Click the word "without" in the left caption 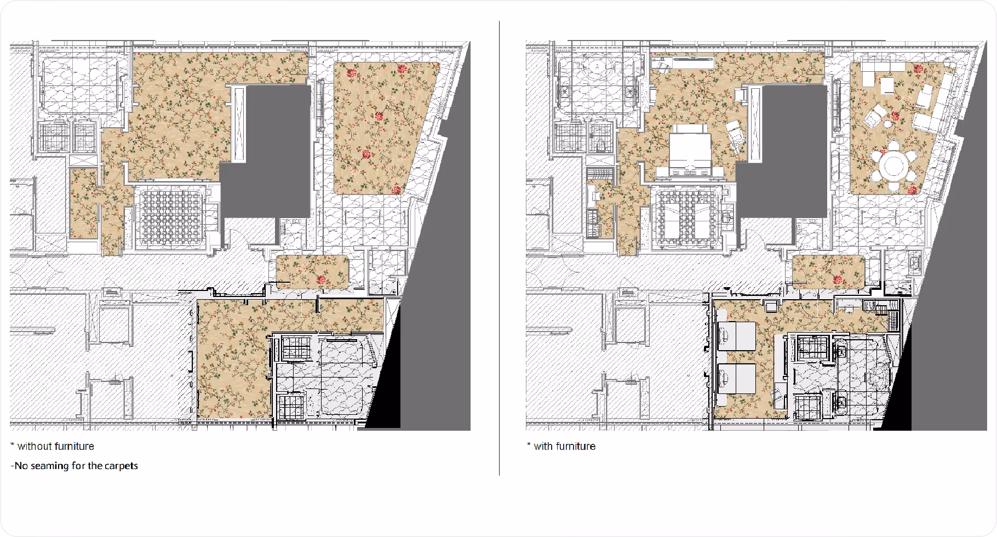click(x=34, y=446)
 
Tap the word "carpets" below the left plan click(x=121, y=466)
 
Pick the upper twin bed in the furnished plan click(x=737, y=336)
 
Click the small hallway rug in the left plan click(x=313, y=272)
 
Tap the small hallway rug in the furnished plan click(x=829, y=272)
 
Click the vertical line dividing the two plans click(x=499, y=248)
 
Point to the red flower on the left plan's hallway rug click(x=322, y=280)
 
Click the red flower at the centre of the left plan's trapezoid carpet click(x=379, y=116)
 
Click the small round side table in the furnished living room click(x=887, y=124)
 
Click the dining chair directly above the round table click(x=894, y=146)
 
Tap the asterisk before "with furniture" click(x=529, y=444)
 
